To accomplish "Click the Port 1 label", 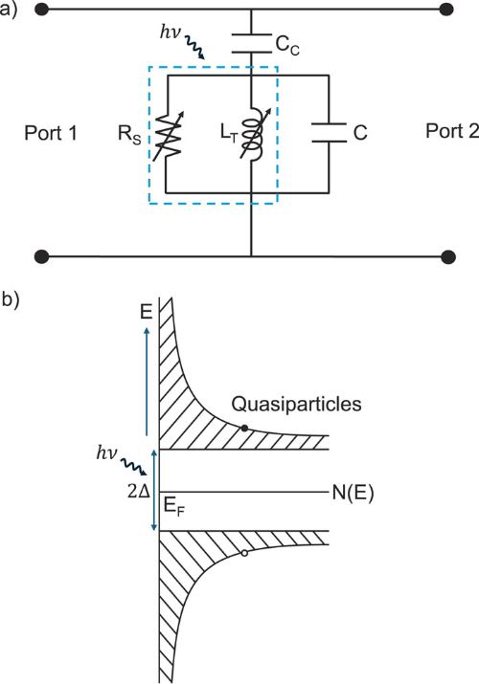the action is coord(51,133).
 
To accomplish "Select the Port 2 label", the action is coord(452,131).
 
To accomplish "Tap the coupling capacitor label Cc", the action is coord(287,45).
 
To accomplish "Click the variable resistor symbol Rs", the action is coord(168,135).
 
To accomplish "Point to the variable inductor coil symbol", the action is coord(252,134).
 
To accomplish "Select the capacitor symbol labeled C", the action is coord(329,133).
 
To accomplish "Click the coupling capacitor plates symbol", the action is coord(251,43).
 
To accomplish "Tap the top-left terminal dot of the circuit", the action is coord(42,9).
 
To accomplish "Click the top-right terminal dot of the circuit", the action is coord(447,9).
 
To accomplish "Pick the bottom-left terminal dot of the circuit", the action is coord(42,256).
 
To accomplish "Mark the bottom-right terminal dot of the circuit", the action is coord(448,256).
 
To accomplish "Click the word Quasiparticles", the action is coord(296,404).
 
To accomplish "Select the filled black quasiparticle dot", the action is coord(244,429).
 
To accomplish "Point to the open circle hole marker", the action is coord(244,553).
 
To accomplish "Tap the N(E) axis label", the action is coord(353,493).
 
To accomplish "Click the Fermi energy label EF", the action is coord(173,506).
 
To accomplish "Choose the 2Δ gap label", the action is coord(138,492).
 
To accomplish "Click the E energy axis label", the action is coord(147,312).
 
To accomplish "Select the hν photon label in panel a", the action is coord(170,33).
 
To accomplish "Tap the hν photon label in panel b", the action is coord(106,453).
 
